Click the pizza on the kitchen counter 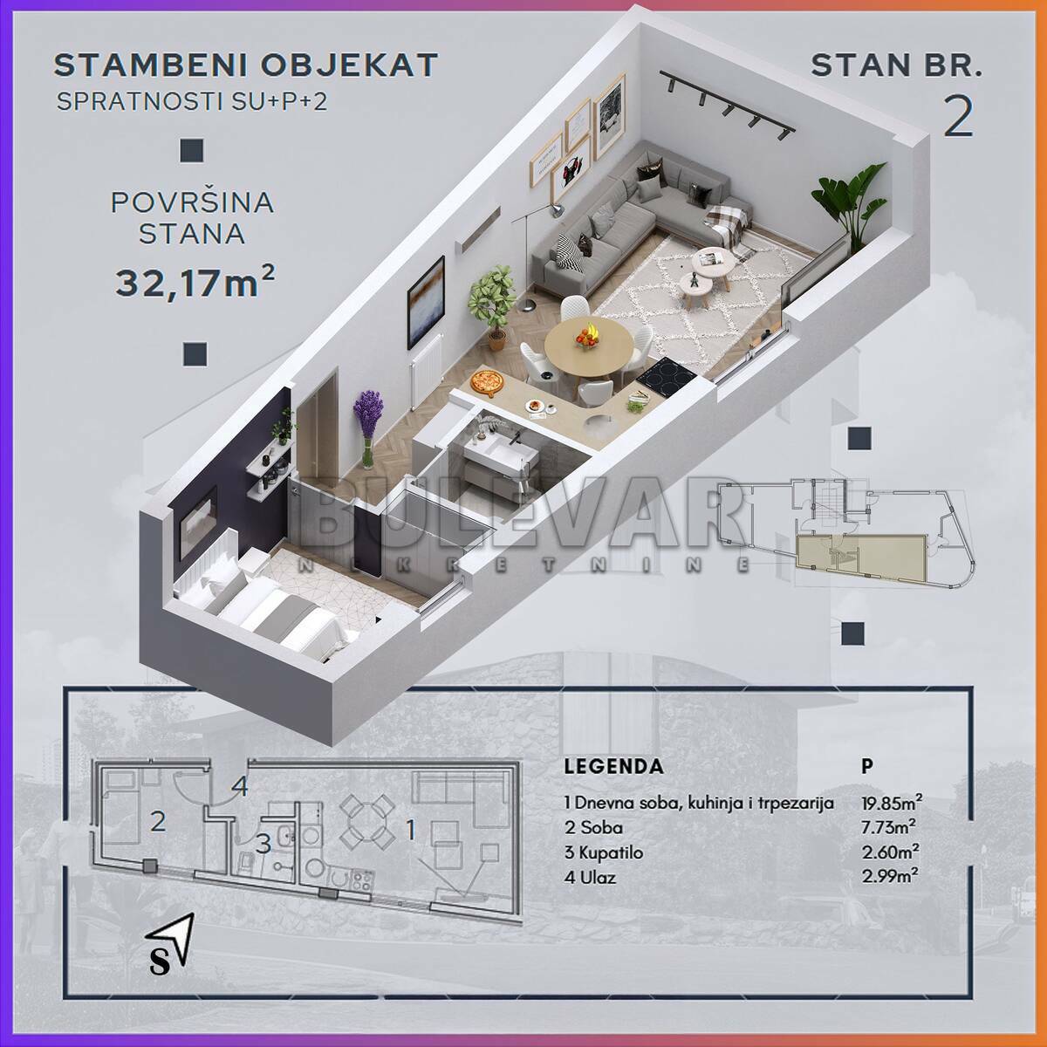click(x=487, y=381)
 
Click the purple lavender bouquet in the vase click(x=368, y=412)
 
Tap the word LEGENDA click(x=613, y=766)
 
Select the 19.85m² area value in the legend click(x=892, y=803)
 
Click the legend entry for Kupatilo click(x=603, y=852)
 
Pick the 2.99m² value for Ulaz click(x=890, y=877)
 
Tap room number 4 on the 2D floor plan click(x=239, y=786)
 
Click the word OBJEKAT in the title click(x=349, y=65)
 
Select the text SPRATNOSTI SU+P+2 click(x=192, y=101)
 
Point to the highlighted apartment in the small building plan click(x=860, y=557)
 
